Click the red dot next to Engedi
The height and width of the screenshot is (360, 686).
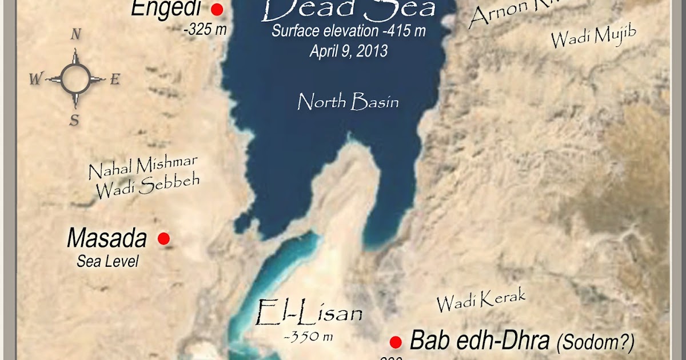[217, 10]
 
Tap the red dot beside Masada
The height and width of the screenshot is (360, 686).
[163, 239]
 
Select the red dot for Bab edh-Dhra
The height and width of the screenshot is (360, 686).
[395, 342]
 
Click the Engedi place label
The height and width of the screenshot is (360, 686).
[166, 9]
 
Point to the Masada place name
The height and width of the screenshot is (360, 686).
[107, 238]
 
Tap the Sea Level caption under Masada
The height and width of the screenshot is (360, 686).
[108, 262]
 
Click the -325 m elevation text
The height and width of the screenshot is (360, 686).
[205, 30]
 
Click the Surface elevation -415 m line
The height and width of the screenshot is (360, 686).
[349, 32]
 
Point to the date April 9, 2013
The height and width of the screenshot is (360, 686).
[349, 51]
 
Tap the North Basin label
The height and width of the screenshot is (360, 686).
[348, 102]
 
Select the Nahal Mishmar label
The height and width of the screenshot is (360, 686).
[143, 167]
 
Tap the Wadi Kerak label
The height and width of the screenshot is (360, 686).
[481, 300]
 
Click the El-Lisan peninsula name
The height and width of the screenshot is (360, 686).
[309, 313]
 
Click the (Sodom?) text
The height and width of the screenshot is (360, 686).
[595, 342]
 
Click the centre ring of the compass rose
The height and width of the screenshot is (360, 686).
[75, 79]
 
